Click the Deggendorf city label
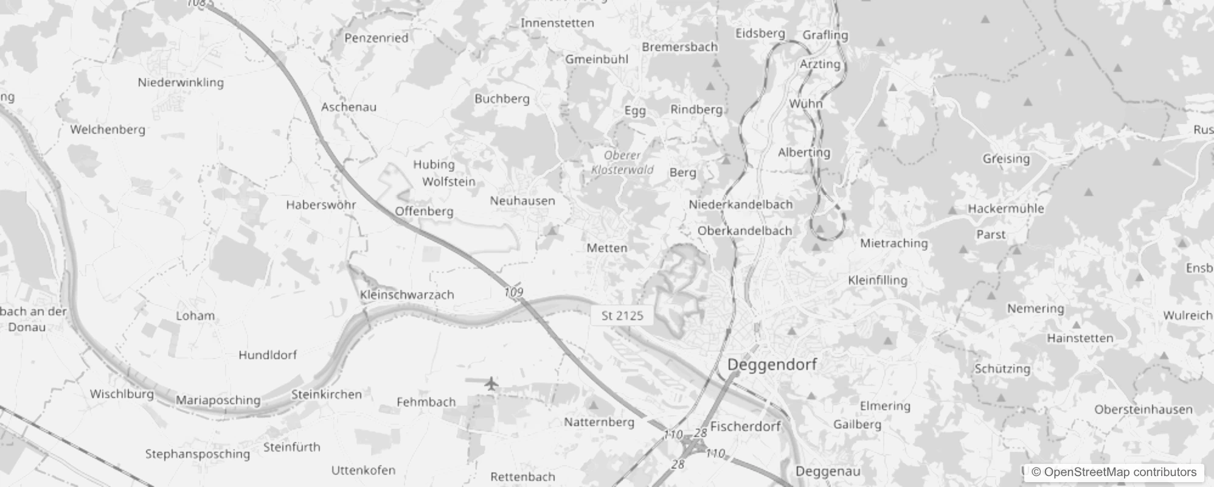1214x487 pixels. click(x=772, y=365)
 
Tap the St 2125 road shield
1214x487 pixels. click(x=622, y=315)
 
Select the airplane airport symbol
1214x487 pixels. click(x=491, y=384)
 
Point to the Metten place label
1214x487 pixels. click(x=606, y=248)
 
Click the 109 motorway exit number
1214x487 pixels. click(x=513, y=292)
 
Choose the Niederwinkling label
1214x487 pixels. click(x=181, y=82)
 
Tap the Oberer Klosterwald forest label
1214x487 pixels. click(x=622, y=163)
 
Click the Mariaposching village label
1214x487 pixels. click(x=218, y=400)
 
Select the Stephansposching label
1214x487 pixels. click(x=197, y=454)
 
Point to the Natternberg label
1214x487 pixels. click(x=598, y=422)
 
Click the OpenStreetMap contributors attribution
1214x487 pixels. click(x=1114, y=472)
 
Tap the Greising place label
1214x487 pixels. click(x=1006, y=159)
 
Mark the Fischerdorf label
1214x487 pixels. click(x=744, y=427)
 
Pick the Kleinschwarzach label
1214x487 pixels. click(x=407, y=295)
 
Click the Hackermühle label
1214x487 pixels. click(x=1005, y=208)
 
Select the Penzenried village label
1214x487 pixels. click(x=376, y=38)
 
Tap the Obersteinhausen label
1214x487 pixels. click(x=1143, y=409)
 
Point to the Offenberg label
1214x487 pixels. click(x=424, y=211)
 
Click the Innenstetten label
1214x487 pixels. click(x=557, y=23)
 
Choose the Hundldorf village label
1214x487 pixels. click(x=267, y=355)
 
